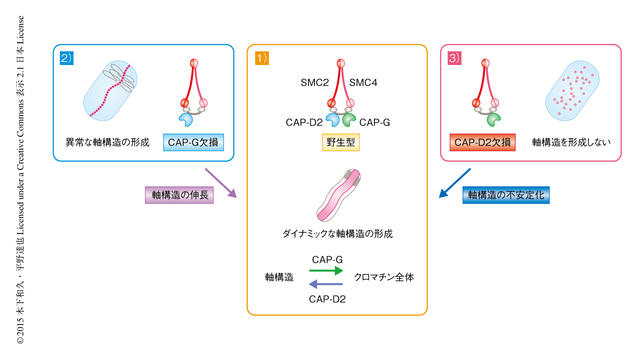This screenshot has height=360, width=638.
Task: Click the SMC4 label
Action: pos(363,83)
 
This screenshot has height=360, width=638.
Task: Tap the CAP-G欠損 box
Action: pos(193,142)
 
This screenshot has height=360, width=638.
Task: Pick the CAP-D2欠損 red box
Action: pos(482,142)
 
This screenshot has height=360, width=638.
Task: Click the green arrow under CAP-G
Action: pos(326,270)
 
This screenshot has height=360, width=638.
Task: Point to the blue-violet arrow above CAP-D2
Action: pos(325,285)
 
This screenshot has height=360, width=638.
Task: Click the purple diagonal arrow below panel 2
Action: pos(221,183)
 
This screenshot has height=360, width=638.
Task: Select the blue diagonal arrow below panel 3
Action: pos(455,183)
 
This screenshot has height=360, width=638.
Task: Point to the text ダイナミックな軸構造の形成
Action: pos(338,234)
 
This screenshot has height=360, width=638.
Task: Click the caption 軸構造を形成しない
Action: pos(571,142)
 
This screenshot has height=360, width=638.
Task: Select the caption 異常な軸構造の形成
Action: pos(107,142)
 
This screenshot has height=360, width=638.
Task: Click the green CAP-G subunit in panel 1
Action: pos(349,120)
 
